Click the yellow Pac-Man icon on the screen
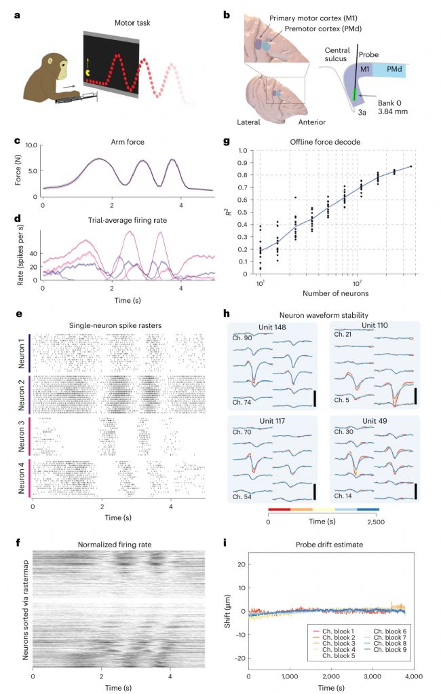[92, 70]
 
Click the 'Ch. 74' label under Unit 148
[242, 403]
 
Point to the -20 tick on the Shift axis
[236, 657]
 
